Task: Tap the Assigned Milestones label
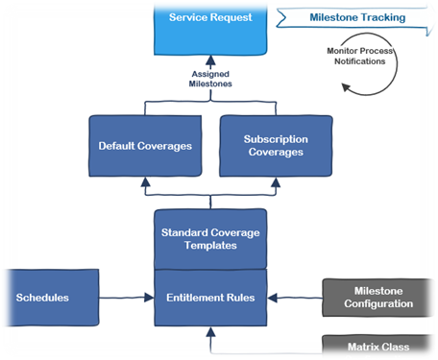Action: pyautogui.click(x=210, y=78)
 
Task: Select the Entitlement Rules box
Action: pyautogui.click(x=209, y=298)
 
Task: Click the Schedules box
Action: pyautogui.click(x=48, y=298)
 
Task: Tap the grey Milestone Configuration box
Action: pyautogui.click(x=377, y=298)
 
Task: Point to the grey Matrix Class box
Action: pyautogui.click(x=377, y=347)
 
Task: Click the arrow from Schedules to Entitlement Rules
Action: pyautogui.click(x=127, y=298)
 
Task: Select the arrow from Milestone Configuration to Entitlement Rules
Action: pyautogui.click(x=294, y=298)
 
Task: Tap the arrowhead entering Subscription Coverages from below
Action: pyautogui.click(x=276, y=180)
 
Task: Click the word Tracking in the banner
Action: pyautogui.click(x=378, y=17)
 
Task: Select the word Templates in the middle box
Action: pyautogui.click(x=209, y=246)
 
